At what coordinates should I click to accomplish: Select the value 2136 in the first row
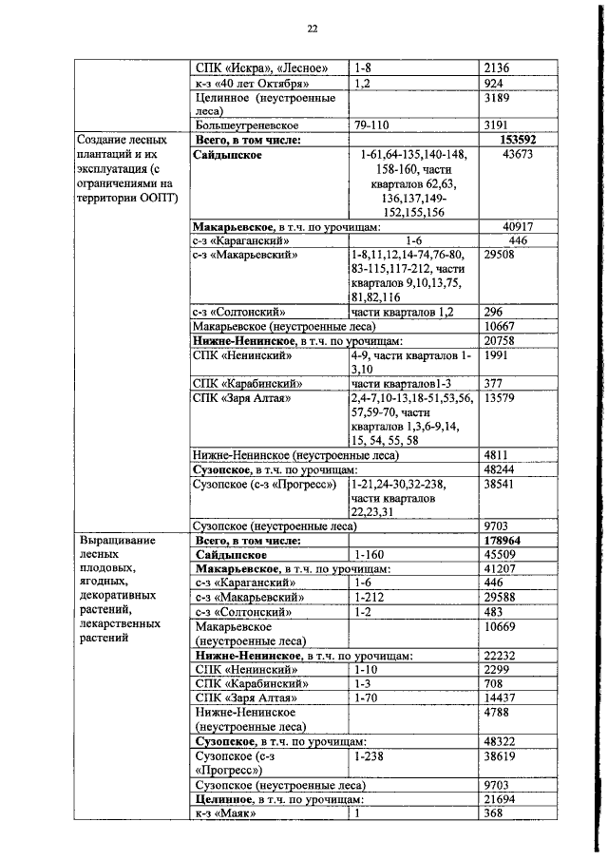tap(498, 68)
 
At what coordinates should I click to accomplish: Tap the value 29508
tap(502, 255)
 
